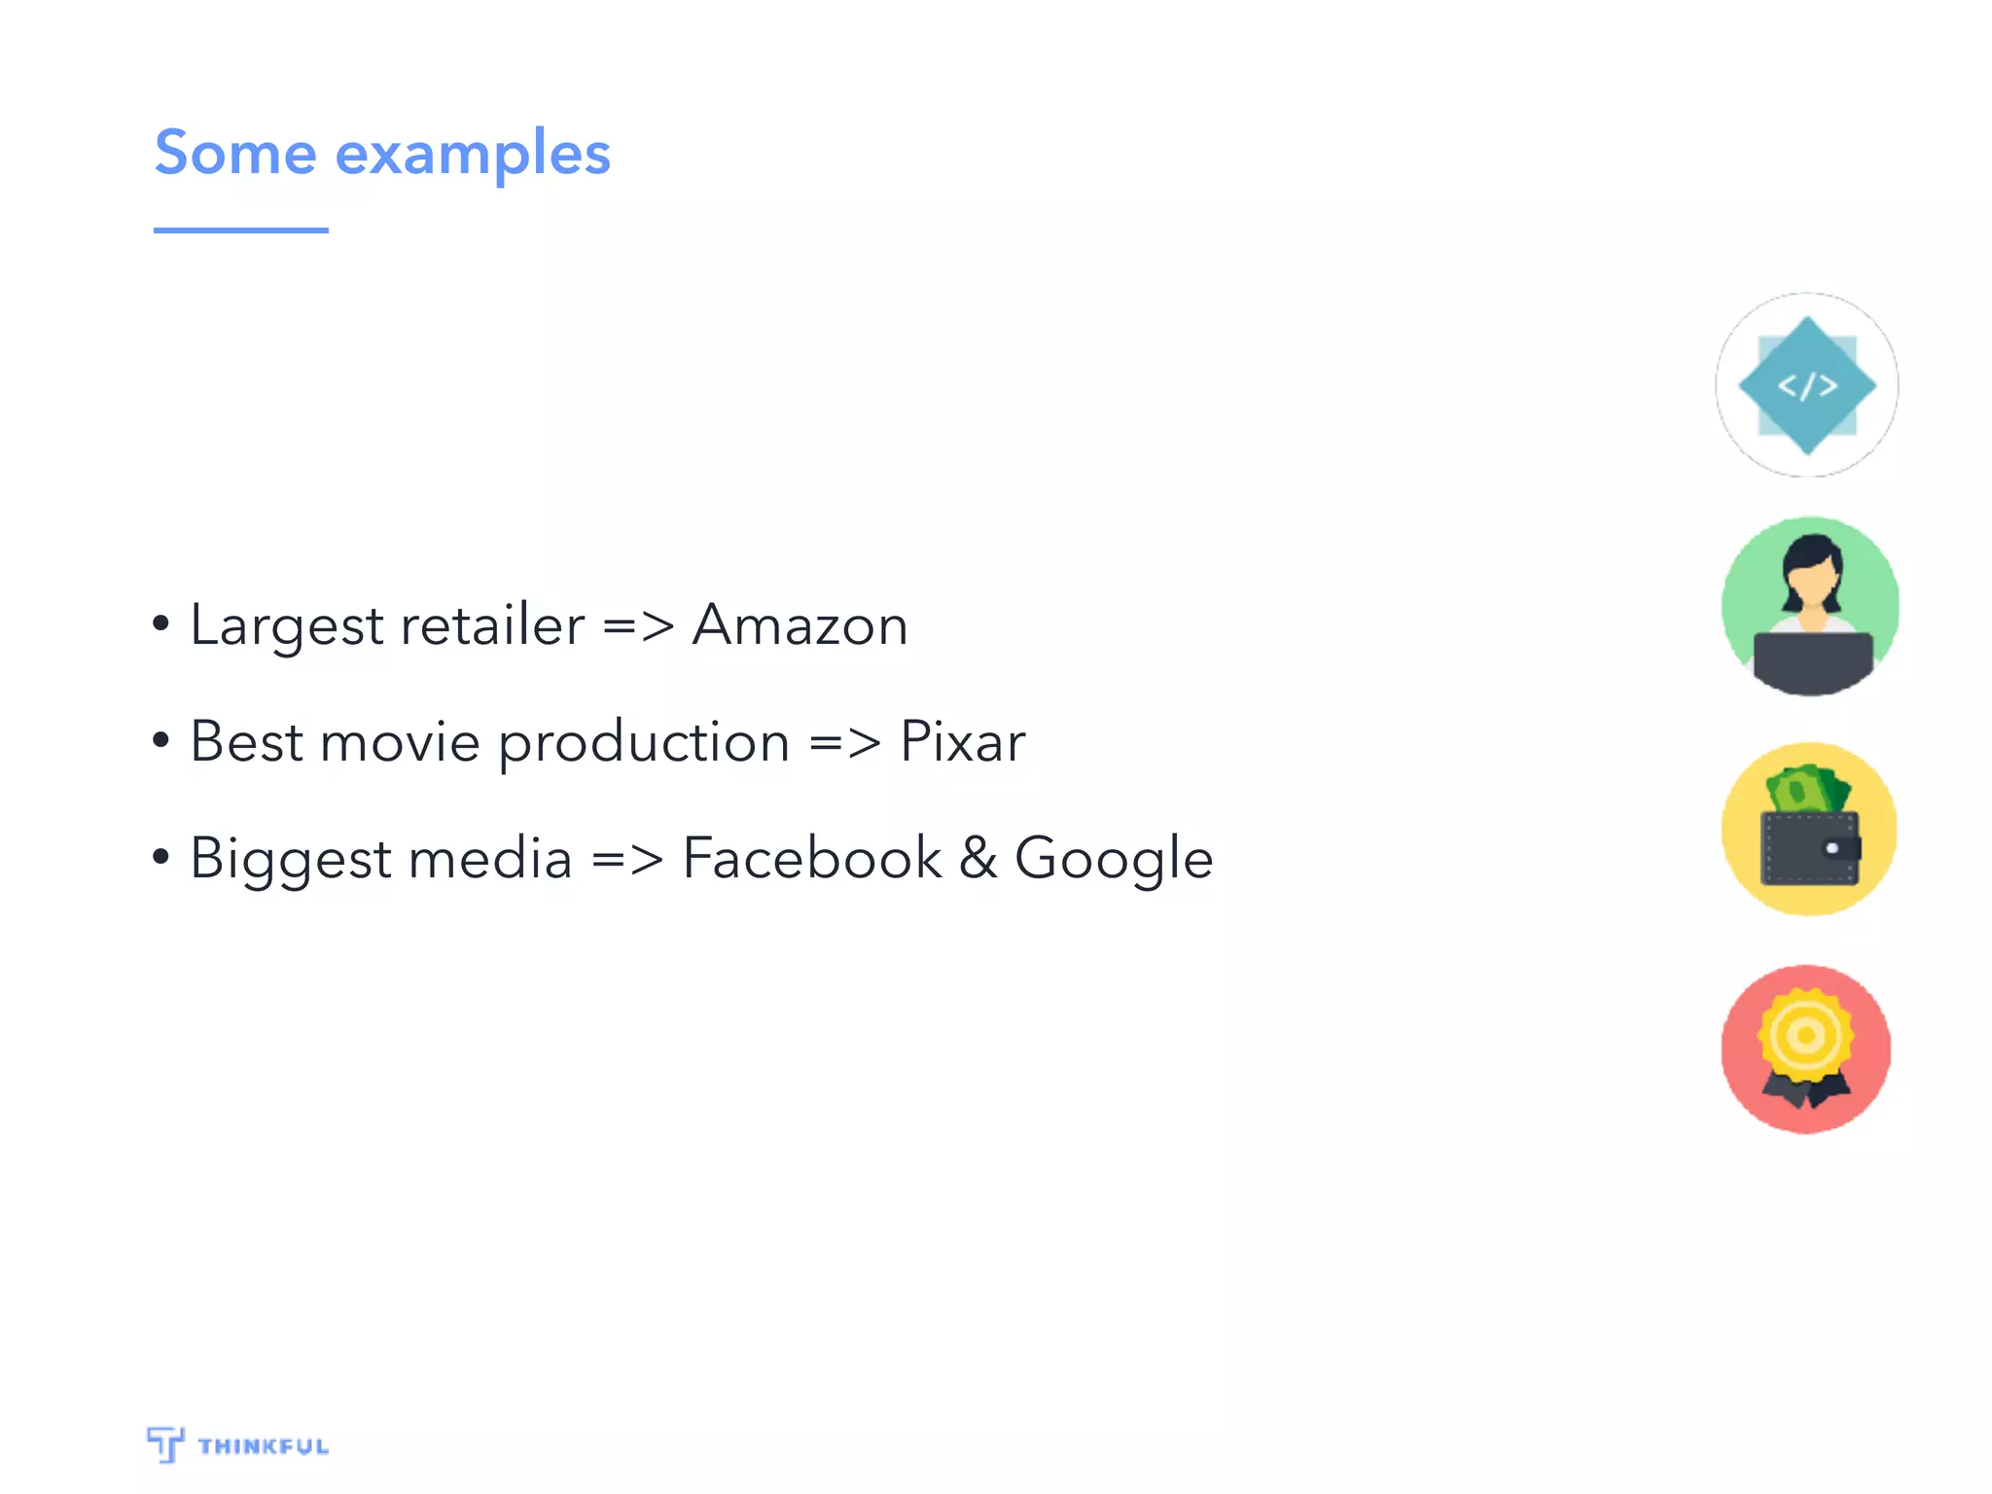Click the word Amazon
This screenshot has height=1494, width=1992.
[x=800, y=624]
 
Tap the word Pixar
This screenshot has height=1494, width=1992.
[x=962, y=741]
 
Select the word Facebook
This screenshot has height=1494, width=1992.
[x=811, y=858]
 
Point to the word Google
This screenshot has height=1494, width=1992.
[x=1114, y=860]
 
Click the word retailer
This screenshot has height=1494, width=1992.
[x=492, y=624]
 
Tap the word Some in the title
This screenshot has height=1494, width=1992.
[x=235, y=153]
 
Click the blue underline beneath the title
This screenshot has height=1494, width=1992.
[x=240, y=231]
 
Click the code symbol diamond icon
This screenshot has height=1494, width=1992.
[x=1807, y=385]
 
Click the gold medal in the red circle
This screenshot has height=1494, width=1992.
[x=1806, y=1035]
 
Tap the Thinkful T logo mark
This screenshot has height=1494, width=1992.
[x=165, y=1443]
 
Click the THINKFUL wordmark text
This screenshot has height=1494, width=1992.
[x=263, y=1446]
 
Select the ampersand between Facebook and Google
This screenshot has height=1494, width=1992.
[x=978, y=858]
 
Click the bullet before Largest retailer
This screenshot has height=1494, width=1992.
[x=161, y=623]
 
